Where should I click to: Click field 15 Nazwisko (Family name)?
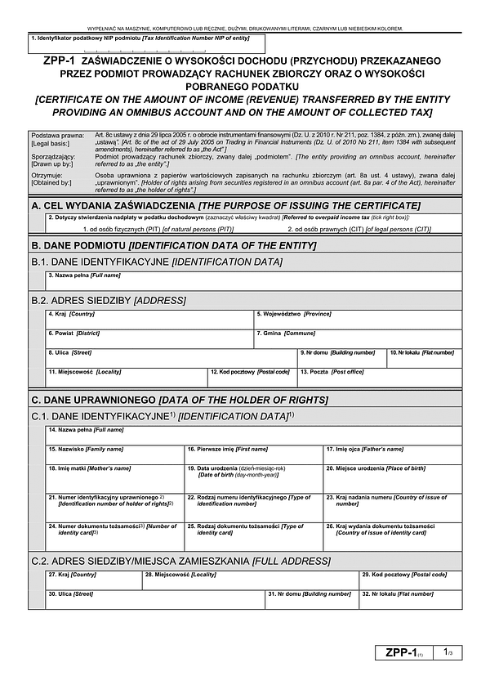pos(114,455)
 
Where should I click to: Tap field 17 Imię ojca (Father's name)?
pos(386,455)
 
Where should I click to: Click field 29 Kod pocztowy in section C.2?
pos(403,581)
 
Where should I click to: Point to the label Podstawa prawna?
pos(51,135)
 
